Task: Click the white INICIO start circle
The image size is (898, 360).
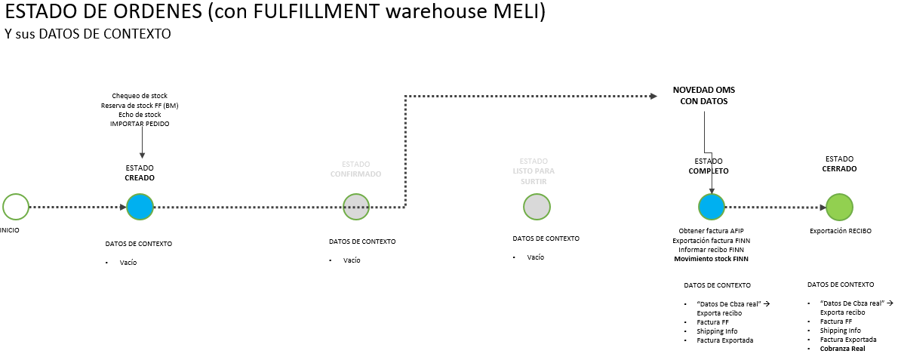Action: (15, 206)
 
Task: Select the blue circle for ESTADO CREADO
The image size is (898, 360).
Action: (140, 206)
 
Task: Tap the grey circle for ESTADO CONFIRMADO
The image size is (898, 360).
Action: (356, 206)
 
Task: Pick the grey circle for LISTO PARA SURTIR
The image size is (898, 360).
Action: (536, 206)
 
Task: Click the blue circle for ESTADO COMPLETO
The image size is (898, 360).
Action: (711, 206)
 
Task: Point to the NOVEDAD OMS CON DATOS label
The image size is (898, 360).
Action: (703, 95)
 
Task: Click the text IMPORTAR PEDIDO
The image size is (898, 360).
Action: (140, 124)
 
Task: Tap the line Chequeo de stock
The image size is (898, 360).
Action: (140, 96)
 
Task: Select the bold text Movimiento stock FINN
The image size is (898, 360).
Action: (714, 259)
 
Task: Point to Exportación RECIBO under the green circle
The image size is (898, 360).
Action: (840, 231)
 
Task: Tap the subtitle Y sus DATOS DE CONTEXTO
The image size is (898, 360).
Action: (88, 35)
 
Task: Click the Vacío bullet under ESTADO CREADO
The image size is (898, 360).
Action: (128, 263)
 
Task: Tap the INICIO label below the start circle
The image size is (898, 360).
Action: (9, 230)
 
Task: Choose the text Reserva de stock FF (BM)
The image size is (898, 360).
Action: (140, 106)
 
